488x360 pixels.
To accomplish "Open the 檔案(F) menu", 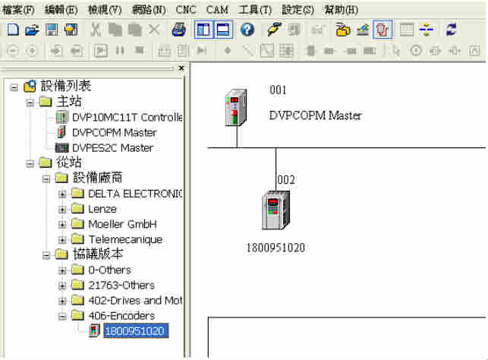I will (x=19, y=10).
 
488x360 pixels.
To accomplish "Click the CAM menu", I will (x=217, y=10).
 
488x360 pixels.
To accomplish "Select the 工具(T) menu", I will (x=255, y=10).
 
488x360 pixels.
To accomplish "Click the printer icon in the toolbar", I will (x=178, y=30).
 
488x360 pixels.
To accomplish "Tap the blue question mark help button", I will (x=247, y=30).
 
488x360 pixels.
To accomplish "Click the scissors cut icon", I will (x=96, y=30).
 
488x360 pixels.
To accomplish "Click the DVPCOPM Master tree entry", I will (x=114, y=132).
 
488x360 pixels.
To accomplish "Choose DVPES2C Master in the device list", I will (x=112, y=147).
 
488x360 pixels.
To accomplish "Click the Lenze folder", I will (x=102, y=209).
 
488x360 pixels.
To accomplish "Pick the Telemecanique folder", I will (x=124, y=239).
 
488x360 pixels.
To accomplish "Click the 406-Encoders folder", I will (x=121, y=315).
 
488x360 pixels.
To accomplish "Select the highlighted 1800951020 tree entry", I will (x=134, y=330).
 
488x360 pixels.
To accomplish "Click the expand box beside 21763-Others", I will (x=63, y=286).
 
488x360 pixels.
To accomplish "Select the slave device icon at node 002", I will (x=274, y=211).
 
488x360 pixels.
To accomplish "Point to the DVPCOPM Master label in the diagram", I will (x=315, y=116).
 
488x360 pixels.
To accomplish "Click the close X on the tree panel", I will (x=181, y=68).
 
